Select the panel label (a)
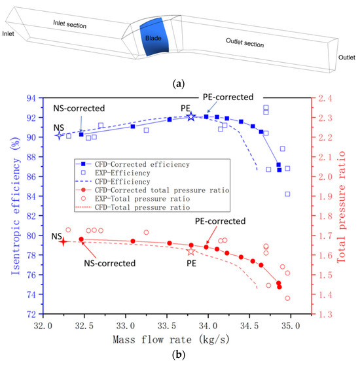[180, 78]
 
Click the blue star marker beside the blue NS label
[60, 135]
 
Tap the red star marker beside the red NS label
[63, 241]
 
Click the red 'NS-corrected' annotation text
[110, 264]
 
